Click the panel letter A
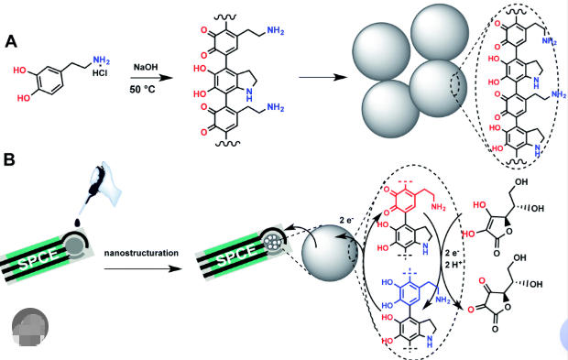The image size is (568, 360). coord(10,42)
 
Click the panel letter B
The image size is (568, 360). coord(10,159)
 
